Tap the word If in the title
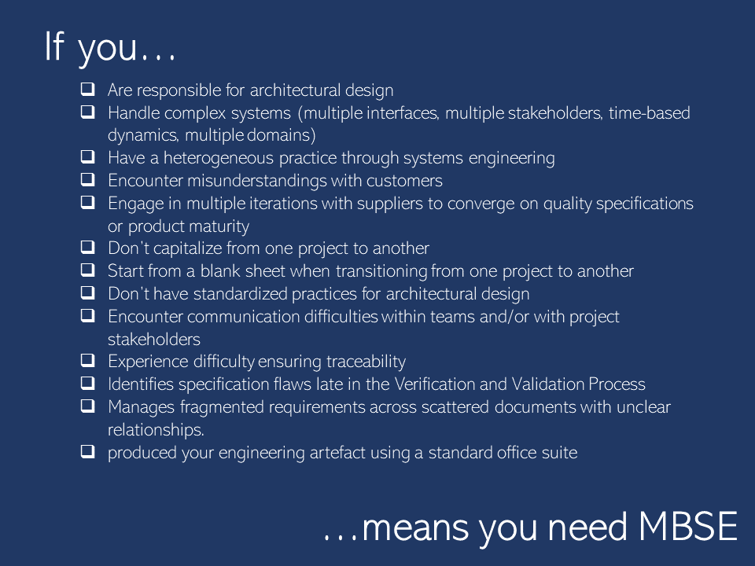(54, 46)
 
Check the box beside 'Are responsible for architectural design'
(87, 89)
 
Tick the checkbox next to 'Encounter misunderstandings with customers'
(87, 179)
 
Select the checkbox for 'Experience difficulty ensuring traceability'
(87, 361)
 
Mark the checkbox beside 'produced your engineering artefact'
(87, 452)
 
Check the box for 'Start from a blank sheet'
(87, 270)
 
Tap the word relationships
(156, 430)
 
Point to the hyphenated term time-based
(650, 113)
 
